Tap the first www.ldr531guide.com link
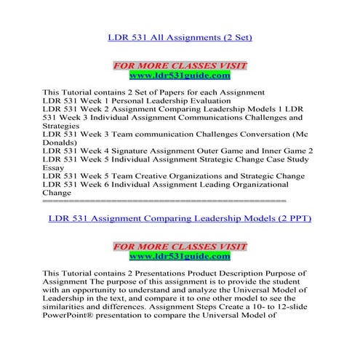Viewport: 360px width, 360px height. coord(180,75)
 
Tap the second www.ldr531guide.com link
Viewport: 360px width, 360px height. coord(180,256)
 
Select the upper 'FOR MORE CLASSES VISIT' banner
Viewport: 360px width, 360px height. coord(180,65)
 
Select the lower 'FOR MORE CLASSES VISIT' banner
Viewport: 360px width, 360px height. coord(180,247)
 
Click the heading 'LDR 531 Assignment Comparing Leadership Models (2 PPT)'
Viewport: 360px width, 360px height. coord(180,217)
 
